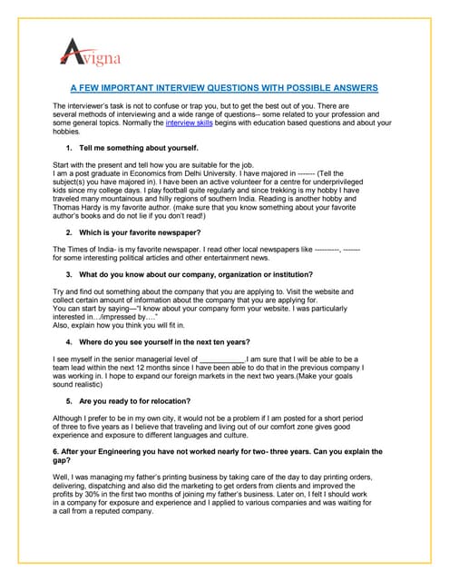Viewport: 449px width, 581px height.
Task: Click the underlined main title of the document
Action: coord(224,89)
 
